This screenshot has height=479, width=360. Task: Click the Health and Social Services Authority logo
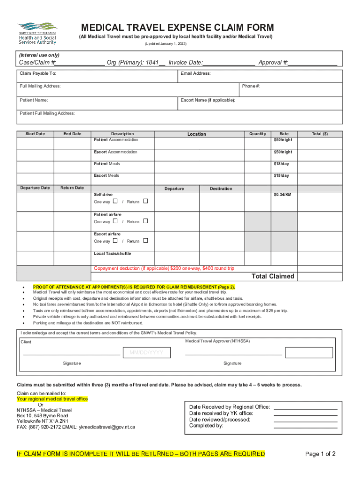tap(37, 33)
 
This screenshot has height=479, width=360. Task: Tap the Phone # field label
tap(251, 86)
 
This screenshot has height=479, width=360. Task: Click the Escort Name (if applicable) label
tap(208, 100)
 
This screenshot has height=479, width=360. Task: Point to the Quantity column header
tap(258, 134)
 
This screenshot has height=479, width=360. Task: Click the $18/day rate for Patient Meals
tap(282, 164)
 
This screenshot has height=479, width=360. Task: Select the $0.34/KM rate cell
tap(282, 194)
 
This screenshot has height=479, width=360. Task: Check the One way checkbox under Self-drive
tap(115, 201)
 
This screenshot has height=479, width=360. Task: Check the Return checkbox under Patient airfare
tap(145, 221)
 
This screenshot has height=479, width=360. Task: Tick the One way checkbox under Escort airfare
tap(115, 240)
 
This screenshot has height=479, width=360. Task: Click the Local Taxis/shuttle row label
tap(112, 254)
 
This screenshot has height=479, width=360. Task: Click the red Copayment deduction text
tap(164, 269)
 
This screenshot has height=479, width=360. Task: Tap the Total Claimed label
tap(273, 276)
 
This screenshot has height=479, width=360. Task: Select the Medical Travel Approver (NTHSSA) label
tap(217, 341)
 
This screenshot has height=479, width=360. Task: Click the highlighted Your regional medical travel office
tap(52, 399)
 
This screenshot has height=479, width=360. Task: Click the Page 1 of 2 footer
tap(320, 454)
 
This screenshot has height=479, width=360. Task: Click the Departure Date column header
tap(35, 188)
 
